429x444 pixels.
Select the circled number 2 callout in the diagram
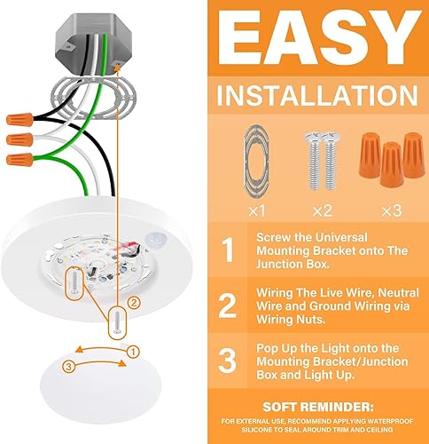(x=132, y=303)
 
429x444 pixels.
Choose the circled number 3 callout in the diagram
(x=71, y=366)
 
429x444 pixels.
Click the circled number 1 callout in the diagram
(x=133, y=352)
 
